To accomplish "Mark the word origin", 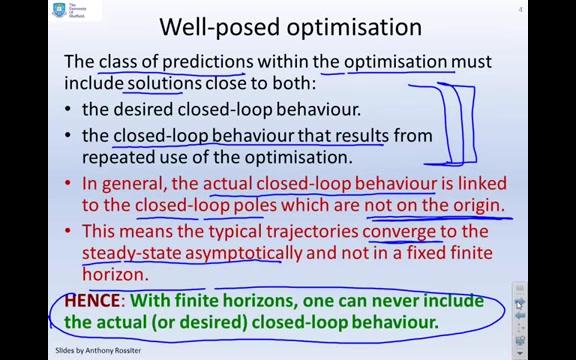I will pos(470,206).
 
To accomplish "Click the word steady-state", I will pos(130,253).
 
